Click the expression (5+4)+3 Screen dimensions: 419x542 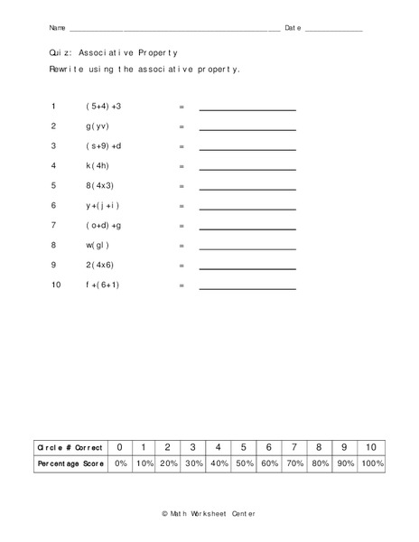pos(103,107)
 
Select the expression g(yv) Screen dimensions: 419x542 pos(98,126)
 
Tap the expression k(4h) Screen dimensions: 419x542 pos(98,166)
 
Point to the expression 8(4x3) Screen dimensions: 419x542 pos(100,186)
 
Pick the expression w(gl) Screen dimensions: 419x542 pos(98,246)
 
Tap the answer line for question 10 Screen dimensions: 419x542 pos(247,288)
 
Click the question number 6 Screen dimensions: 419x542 pos(54,206)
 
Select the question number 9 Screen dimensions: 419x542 pos(54,266)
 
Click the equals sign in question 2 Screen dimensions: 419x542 pos(182,126)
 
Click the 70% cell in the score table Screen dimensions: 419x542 pos(295,463)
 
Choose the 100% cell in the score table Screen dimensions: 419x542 pos(371,463)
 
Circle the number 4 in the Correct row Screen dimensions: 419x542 pos(219,447)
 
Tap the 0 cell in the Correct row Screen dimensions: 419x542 pos(120,447)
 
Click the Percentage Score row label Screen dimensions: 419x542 pos(70,463)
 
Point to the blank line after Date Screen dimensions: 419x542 pos(333,30)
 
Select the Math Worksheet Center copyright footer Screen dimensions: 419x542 pos(209,512)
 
